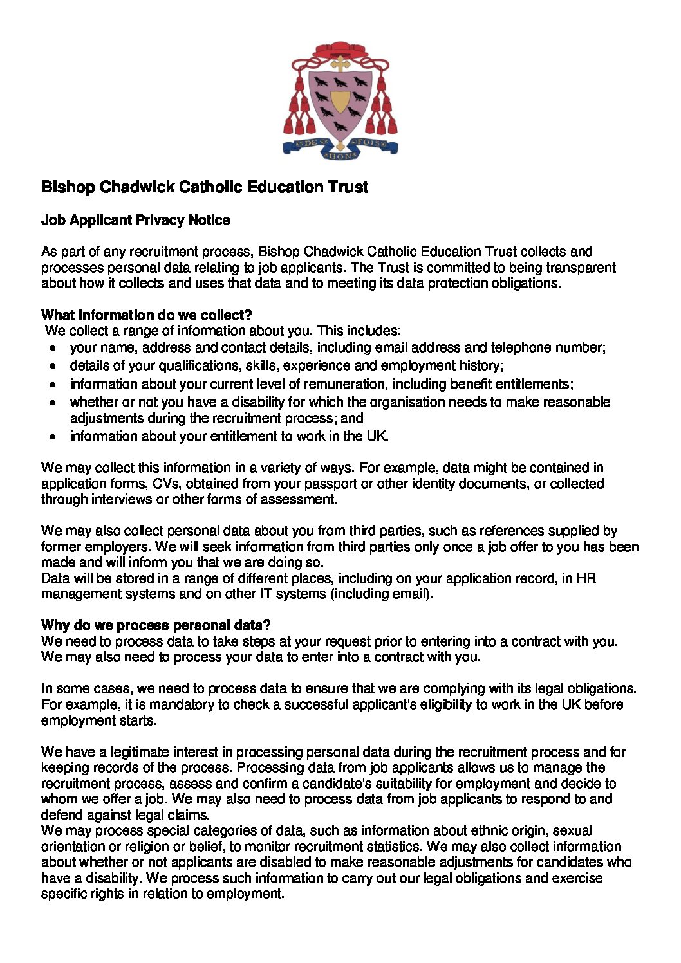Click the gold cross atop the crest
(x=340, y=64)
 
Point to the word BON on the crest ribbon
(x=339, y=156)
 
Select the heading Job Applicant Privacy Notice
(x=135, y=220)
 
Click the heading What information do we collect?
(x=146, y=315)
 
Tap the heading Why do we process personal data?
(x=156, y=625)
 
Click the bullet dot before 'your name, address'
(x=55, y=349)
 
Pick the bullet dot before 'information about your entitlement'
(x=55, y=437)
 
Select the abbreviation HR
(x=586, y=578)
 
